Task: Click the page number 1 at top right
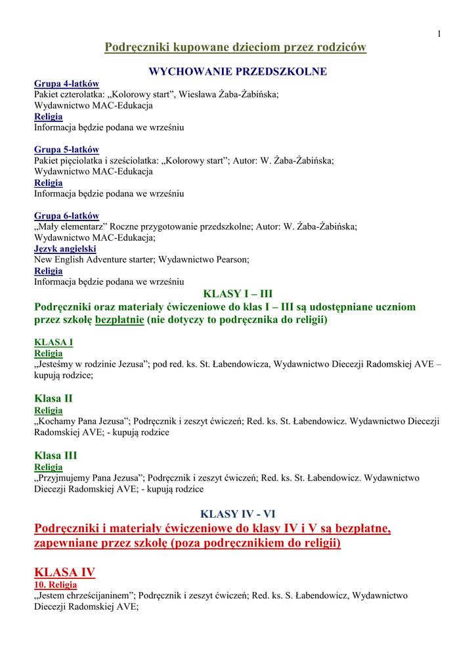pos(439,34)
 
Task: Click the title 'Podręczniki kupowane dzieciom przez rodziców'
pos(236,47)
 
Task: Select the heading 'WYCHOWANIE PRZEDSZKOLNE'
pos(238,72)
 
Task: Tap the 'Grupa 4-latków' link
pos(66,83)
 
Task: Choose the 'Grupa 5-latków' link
pos(66,150)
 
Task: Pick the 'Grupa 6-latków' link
pos(66,216)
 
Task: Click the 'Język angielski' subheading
pos(65,249)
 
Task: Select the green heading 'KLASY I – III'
pos(238,293)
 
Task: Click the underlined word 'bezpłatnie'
pos(119,320)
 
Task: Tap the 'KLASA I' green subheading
pos(53,342)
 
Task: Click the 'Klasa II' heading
pos(53,398)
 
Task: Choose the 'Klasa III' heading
pos(55,455)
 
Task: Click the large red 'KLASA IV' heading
pos(64,572)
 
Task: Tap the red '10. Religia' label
pos(55,584)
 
